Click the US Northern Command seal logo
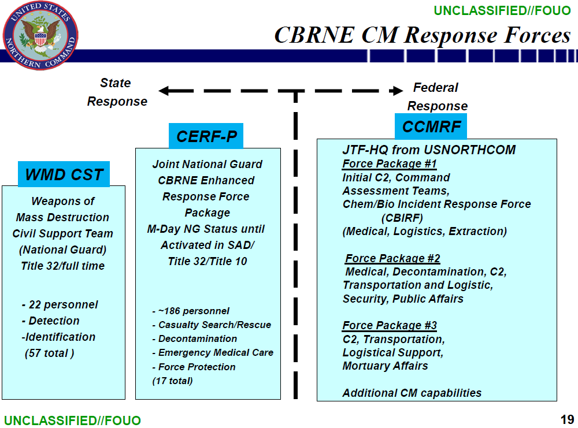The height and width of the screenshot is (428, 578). click(40, 36)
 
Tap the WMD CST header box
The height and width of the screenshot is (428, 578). click(64, 174)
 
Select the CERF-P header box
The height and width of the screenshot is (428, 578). click(206, 136)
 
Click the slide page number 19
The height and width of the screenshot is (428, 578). click(567, 419)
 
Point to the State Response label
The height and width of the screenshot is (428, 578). click(117, 92)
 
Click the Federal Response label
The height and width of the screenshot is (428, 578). click(437, 97)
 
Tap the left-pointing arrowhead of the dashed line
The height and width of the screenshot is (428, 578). click(164, 91)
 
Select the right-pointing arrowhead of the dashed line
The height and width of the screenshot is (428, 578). click(397, 91)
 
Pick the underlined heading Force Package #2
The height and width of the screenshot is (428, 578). click(392, 258)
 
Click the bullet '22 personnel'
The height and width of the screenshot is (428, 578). click(60, 304)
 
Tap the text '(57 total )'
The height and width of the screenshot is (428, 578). click(49, 353)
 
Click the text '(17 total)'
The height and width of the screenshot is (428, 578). click(172, 381)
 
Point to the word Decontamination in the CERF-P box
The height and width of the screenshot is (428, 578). click(198, 338)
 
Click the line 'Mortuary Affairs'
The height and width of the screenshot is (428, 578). click(385, 366)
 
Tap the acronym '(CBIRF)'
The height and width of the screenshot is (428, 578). click(402, 218)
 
